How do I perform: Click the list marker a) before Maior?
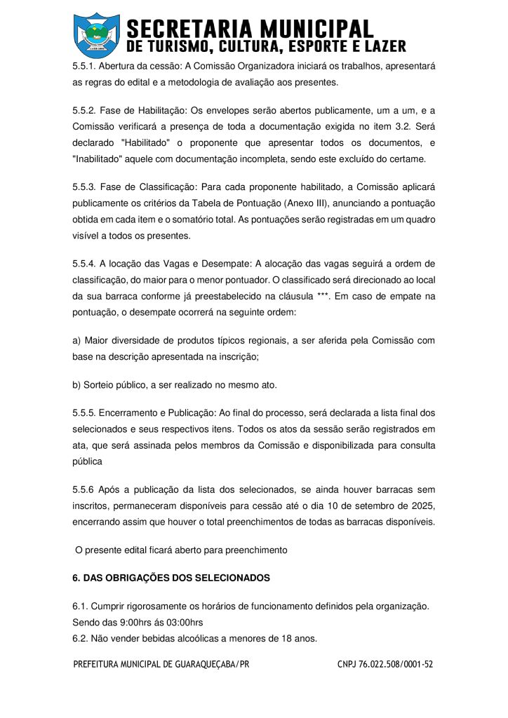pos(76,341)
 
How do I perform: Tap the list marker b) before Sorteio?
pos(76,385)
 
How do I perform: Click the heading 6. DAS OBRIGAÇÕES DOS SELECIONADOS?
pos(171,578)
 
